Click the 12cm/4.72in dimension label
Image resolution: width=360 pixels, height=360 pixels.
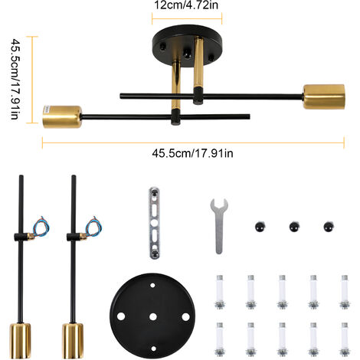186,5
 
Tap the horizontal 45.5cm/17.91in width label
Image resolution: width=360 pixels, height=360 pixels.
192,153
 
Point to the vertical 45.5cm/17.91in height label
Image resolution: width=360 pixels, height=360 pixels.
15,79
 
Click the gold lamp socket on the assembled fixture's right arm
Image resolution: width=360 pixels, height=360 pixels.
324,97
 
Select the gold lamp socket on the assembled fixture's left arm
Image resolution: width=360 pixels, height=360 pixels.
62,116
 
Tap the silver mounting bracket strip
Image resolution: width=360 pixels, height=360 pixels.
154,223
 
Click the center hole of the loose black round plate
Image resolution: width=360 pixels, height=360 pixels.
153,317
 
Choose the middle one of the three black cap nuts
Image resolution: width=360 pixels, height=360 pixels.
294,227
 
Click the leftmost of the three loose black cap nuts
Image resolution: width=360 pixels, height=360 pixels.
260,227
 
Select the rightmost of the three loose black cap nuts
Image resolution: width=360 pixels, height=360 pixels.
329,227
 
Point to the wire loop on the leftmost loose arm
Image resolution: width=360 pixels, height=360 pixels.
41,227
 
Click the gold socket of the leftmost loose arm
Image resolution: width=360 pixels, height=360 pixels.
21,341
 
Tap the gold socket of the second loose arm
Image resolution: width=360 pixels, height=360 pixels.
73,341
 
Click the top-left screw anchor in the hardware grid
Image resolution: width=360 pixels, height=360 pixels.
220,292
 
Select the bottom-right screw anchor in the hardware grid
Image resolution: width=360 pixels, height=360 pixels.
345,339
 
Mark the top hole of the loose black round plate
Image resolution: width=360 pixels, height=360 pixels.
152,285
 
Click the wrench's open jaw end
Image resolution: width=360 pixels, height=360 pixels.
219,205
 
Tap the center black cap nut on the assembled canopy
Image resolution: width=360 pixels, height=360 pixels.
187,54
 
